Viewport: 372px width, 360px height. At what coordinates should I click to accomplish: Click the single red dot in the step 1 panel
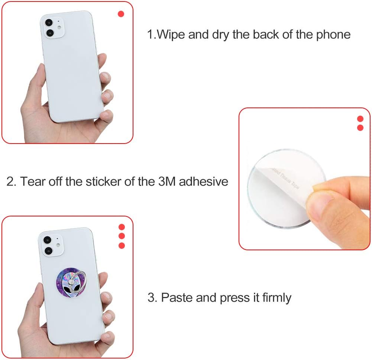tap(121, 14)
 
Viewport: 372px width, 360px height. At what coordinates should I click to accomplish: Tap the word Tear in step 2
tap(33, 181)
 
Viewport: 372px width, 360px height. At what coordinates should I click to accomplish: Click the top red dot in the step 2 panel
tap(360, 119)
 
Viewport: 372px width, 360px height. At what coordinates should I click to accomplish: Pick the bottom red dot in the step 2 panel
tap(360, 128)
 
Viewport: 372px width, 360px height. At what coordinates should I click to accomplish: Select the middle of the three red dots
tap(122, 236)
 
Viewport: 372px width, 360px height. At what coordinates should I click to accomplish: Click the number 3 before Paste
tap(151, 298)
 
